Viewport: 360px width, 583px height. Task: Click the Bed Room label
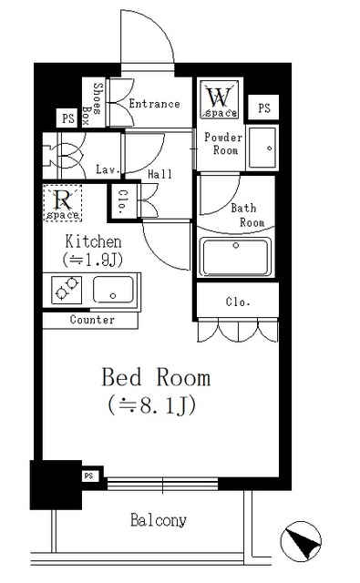pos(155,376)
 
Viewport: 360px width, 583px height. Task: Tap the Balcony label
pos(158,521)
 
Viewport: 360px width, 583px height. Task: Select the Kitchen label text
pos(92,241)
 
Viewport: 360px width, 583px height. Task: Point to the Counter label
pos(92,320)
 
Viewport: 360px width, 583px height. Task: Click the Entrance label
pos(154,104)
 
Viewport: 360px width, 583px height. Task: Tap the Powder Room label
pos(222,143)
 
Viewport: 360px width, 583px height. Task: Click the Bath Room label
pos(247,215)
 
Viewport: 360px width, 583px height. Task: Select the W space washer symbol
pos(220,99)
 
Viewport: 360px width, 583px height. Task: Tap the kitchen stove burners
pos(67,291)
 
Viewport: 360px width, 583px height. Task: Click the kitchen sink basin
pos(113,291)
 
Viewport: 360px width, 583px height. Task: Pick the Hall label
pos(159,172)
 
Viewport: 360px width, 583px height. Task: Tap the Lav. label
pos(106,169)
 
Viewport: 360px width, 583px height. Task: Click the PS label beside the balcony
pos(89,476)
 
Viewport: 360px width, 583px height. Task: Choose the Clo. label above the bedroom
pos(238,302)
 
